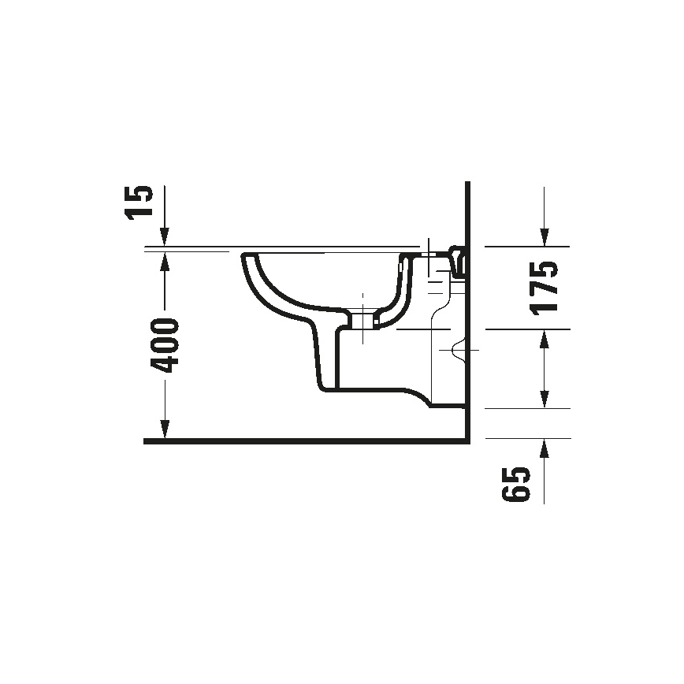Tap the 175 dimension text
click(544, 287)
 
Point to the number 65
click(514, 483)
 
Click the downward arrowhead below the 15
click(165, 236)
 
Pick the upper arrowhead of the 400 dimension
click(165, 260)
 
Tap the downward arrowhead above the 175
click(543, 236)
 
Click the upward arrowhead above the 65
click(543, 450)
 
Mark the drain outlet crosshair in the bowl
click(362, 318)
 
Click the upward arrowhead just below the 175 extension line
click(543, 340)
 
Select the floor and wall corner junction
click(467, 441)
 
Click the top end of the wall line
click(468, 184)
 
